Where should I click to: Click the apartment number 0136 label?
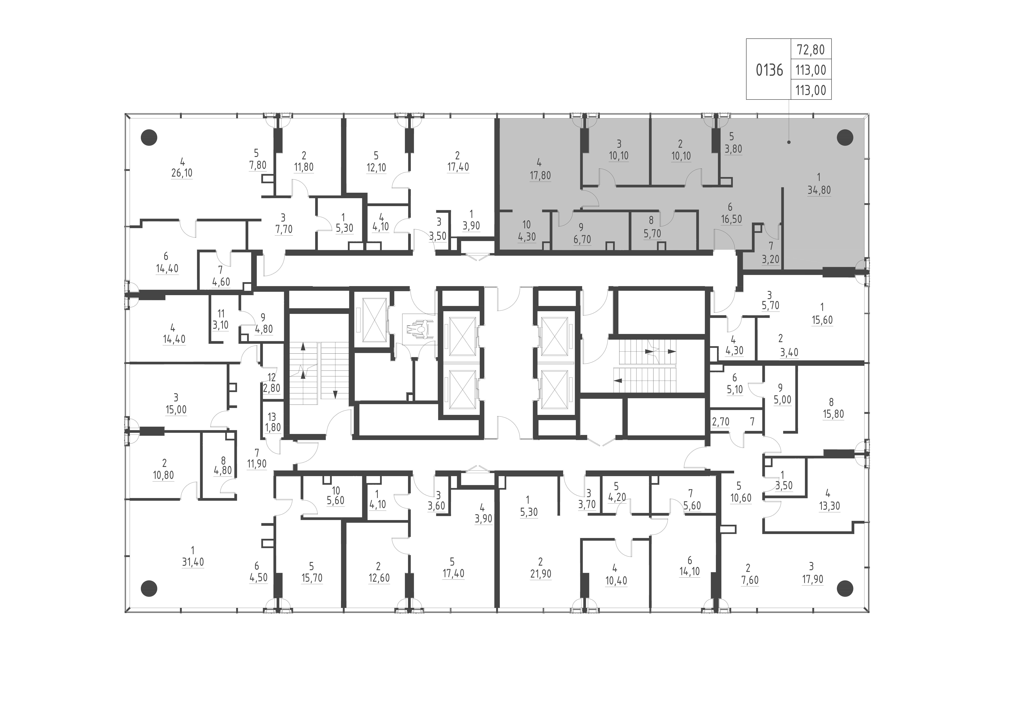[x=769, y=71]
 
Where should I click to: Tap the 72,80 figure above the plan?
[x=811, y=50]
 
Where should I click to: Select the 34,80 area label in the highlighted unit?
[x=819, y=190]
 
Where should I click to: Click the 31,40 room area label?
[x=193, y=562]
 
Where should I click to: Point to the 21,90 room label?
[x=541, y=574]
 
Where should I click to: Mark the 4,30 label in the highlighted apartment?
[x=527, y=236]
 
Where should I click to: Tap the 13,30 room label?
[x=829, y=506]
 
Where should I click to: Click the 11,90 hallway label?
[x=257, y=464]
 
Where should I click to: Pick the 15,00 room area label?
[x=176, y=409]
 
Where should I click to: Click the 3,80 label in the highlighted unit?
[x=733, y=149]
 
